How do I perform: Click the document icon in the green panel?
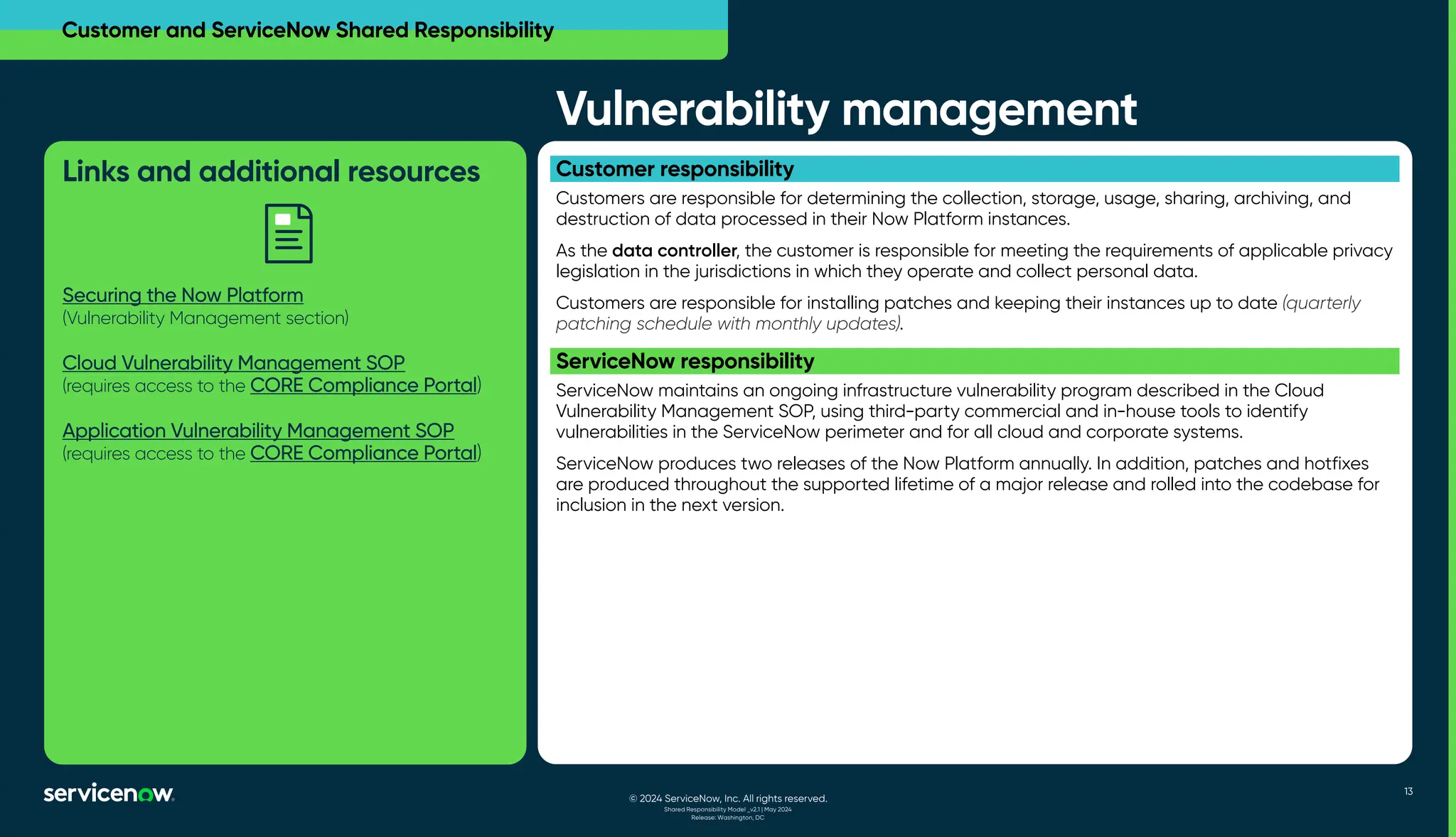click(x=289, y=234)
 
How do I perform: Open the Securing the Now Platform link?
click(x=183, y=295)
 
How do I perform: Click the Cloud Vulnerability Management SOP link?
click(x=233, y=362)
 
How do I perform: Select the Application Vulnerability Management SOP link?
click(x=258, y=431)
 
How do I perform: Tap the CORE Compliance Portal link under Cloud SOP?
click(x=363, y=385)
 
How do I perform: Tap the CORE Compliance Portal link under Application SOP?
click(x=363, y=453)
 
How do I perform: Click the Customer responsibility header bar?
click(x=974, y=169)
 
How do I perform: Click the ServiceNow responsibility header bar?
click(x=974, y=361)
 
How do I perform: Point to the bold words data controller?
click(x=673, y=251)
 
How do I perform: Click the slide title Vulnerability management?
click(x=846, y=109)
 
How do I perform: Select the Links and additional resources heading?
click(x=271, y=172)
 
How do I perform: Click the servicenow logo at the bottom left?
click(x=109, y=793)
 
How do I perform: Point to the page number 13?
click(x=1408, y=792)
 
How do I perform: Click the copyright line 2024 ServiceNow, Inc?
click(x=728, y=799)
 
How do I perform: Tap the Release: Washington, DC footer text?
click(x=727, y=818)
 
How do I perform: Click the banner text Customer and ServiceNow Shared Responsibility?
click(x=308, y=30)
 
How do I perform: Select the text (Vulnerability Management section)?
click(x=205, y=318)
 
